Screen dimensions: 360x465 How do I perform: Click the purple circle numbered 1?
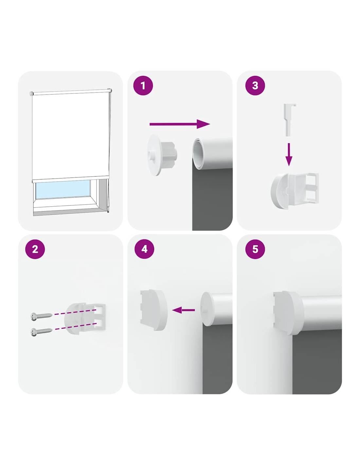click(143, 86)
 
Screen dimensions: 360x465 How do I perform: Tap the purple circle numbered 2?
click(35, 249)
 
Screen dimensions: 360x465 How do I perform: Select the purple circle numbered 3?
click(255, 86)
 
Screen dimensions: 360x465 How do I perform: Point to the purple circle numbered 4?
click(144, 249)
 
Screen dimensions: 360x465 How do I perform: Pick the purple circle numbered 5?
click(255, 249)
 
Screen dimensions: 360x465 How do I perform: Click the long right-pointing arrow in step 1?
click(179, 124)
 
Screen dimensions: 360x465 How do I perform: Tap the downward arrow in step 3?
click(289, 154)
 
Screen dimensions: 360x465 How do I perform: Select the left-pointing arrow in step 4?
click(183, 310)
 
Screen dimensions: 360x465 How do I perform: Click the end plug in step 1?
click(162, 155)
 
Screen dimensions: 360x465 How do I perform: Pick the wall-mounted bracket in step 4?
click(153, 310)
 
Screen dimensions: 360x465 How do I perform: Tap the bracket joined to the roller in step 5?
click(288, 313)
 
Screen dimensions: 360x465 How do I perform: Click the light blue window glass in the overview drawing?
click(63, 189)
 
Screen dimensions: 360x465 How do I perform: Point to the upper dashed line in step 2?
click(75, 312)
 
